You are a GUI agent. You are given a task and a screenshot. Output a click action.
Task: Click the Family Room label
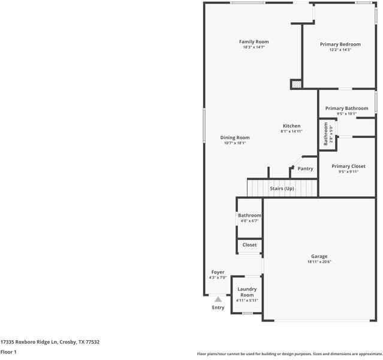point(254,42)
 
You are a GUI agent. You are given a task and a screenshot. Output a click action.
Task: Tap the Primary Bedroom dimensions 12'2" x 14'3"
point(340,50)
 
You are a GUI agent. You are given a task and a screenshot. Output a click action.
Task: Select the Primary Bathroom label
point(346,109)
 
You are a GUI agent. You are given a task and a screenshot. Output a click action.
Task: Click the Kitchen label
point(291,126)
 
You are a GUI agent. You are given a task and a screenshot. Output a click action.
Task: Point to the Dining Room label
point(235,137)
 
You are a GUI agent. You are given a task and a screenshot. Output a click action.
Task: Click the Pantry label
point(305,169)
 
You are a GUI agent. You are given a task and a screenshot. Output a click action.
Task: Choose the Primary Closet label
point(348,166)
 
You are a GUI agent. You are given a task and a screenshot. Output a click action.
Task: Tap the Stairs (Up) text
point(282,188)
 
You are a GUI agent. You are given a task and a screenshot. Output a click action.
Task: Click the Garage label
point(319,256)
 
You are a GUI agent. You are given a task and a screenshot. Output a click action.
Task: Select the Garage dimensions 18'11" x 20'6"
point(319,262)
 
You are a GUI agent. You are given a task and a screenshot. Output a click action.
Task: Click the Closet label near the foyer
point(249,245)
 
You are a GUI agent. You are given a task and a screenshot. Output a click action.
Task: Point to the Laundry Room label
point(247,292)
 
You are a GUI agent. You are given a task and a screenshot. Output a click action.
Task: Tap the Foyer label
point(217,272)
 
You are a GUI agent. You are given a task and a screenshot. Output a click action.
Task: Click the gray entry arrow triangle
point(218,299)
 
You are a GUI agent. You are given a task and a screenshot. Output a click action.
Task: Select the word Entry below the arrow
point(218,308)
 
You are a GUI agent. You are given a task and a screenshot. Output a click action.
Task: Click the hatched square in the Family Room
point(296,84)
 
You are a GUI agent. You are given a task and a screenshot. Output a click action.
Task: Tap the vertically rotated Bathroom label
point(326,134)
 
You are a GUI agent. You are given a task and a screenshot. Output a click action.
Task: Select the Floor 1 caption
point(8,352)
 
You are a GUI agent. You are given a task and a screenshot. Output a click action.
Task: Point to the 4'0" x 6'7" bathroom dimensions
point(249,221)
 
